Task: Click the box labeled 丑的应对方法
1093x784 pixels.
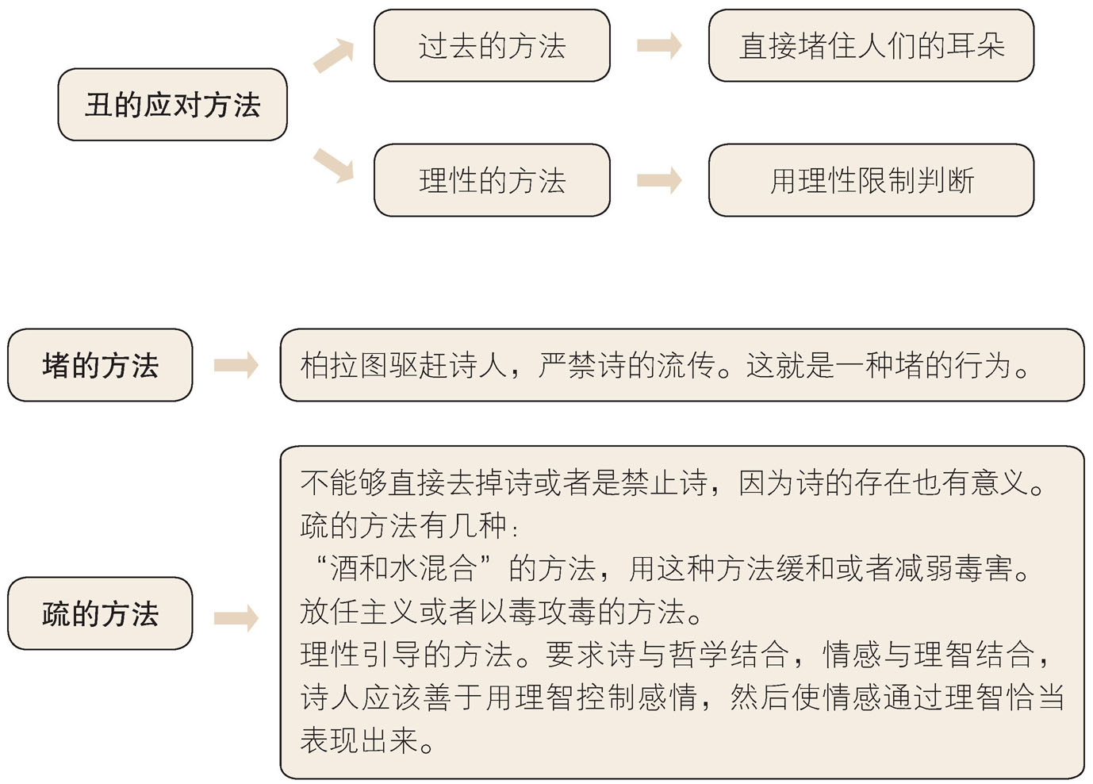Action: (172, 105)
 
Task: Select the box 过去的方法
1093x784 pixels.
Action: (492, 46)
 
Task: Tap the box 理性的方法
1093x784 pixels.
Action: (492, 181)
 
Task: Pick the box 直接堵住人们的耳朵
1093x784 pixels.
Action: (871, 46)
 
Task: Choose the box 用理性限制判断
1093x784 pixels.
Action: (871, 181)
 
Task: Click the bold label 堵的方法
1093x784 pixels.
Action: (100, 366)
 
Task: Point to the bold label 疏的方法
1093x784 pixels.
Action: (100, 613)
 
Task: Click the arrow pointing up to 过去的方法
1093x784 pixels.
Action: (332, 56)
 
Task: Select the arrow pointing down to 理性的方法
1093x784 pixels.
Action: (332, 164)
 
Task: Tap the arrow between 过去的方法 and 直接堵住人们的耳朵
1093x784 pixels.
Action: (658, 46)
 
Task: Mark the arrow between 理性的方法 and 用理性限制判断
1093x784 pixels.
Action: (658, 181)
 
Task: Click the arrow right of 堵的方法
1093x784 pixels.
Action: (236, 366)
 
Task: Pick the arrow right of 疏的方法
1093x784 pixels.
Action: (236, 618)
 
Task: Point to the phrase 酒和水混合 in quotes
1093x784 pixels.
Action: (403, 568)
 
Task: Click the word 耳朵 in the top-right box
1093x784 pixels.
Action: (976, 46)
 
